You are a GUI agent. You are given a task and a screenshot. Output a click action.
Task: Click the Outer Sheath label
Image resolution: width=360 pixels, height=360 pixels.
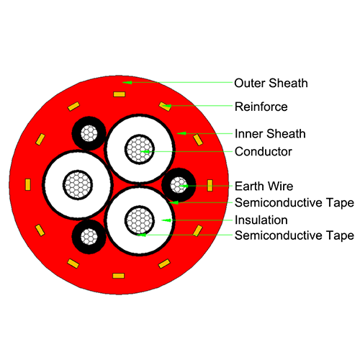coord(271,83)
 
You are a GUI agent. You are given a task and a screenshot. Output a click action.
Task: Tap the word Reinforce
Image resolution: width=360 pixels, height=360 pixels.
coord(261,107)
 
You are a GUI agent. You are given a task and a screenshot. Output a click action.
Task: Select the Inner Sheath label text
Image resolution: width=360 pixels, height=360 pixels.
coord(270,134)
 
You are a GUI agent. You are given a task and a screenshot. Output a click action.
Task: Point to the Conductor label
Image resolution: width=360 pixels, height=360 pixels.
coord(264,152)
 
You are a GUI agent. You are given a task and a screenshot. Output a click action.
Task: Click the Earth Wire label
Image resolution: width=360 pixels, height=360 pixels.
coord(264,186)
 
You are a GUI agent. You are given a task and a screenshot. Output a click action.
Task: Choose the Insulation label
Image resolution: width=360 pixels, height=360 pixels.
coord(261,220)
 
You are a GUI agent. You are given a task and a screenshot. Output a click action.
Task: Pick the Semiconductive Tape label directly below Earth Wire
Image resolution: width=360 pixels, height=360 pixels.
coord(294,203)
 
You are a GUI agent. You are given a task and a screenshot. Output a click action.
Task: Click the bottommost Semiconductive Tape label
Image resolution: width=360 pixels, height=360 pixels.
coord(294,235)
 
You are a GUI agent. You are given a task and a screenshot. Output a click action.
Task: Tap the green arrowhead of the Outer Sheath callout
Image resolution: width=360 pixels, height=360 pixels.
coord(127,83)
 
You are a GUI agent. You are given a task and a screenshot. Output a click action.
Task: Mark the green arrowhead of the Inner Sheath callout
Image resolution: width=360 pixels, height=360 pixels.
coord(181,133)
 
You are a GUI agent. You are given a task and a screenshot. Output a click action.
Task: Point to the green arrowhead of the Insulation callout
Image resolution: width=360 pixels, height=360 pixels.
coord(166,220)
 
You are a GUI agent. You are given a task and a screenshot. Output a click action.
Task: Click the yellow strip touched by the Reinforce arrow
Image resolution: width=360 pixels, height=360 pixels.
coord(165,107)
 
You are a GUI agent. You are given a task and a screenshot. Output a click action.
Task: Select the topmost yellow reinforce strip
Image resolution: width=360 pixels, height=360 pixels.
coord(120,94)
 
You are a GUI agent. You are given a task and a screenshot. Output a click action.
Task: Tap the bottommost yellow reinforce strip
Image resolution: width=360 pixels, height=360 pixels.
coord(119,276)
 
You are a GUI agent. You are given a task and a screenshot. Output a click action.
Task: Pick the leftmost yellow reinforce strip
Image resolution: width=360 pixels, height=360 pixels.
coord(28,184)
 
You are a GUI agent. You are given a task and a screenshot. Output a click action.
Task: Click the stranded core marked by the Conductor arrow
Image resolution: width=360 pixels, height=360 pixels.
coord(140,149)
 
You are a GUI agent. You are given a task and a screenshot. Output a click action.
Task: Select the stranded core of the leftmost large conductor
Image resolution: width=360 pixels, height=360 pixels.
coord(78,185)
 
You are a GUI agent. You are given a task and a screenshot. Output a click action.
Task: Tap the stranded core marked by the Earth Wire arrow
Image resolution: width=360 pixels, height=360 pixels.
coord(179,185)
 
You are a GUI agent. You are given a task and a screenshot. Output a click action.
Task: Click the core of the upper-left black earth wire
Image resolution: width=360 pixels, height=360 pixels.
coord(89,133)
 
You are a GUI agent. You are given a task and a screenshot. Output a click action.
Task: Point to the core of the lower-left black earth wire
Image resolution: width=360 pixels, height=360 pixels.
coord(89,237)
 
